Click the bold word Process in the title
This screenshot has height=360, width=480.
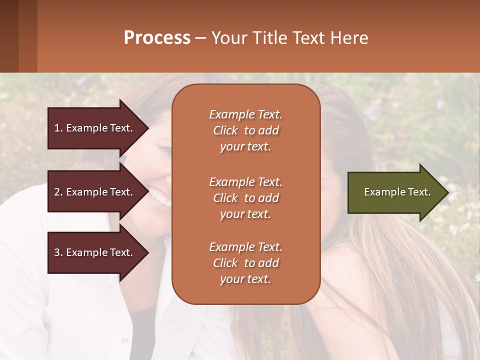(157, 38)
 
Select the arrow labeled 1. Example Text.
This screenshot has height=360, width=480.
(95, 128)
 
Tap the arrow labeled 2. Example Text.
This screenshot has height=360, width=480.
(95, 192)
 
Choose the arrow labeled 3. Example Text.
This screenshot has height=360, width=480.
(95, 252)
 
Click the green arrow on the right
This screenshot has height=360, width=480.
(395, 192)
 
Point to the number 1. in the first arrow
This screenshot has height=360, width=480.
(58, 128)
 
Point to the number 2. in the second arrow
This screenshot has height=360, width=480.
(58, 192)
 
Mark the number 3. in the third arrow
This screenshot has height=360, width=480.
(58, 252)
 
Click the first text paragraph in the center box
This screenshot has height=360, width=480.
(245, 130)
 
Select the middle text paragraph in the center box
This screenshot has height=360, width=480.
(245, 198)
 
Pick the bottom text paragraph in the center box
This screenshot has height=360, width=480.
(245, 263)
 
